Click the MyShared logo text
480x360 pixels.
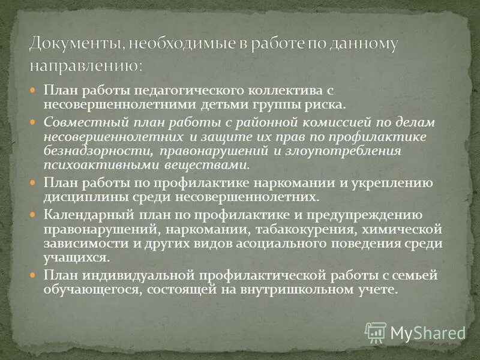[427, 332]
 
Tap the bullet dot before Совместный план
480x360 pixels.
[34, 121]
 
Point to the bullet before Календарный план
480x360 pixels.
[34, 214]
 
